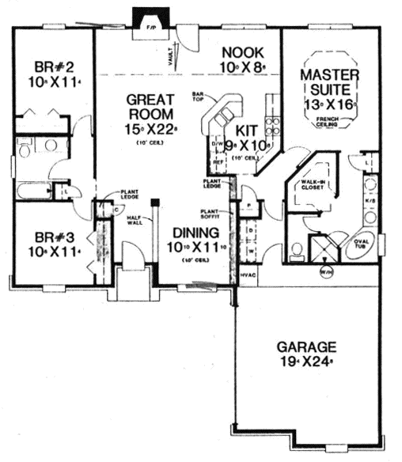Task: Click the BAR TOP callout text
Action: tap(199, 96)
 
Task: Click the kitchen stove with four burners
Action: tap(274, 127)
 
